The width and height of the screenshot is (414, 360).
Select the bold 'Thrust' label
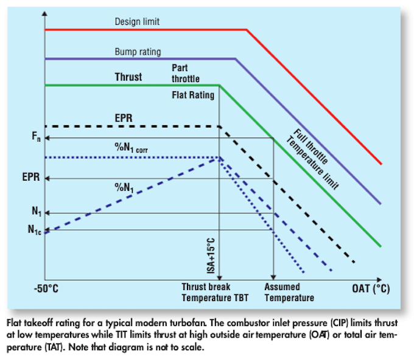pyautogui.click(x=128, y=77)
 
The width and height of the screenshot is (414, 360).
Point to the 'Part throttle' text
pyautogui.click(x=185, y=74)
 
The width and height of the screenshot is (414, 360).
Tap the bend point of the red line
pyautogui.click(x=247, y=29)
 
